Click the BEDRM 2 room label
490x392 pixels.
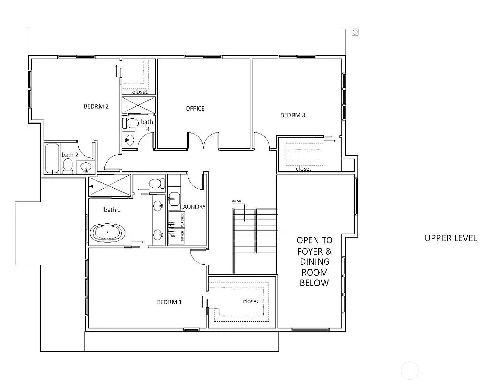pos(96,107)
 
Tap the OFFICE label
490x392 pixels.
pos(195,109)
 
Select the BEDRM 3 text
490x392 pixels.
pos(293,115)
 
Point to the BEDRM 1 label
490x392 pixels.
pos(169,302)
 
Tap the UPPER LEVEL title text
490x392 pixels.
pos(451,238)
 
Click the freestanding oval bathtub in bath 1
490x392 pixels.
pos(107,232)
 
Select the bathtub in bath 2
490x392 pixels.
pos(53,158)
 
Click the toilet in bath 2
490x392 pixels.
pos(67,166)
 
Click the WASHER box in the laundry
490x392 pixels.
pos(182,219)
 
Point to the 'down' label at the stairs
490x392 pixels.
pos(236,201)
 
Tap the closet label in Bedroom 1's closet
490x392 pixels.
pos(251,301)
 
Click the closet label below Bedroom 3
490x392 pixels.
pos(303,169)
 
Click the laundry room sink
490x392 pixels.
pos(174,198)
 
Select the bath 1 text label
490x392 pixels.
pos(111,210)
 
